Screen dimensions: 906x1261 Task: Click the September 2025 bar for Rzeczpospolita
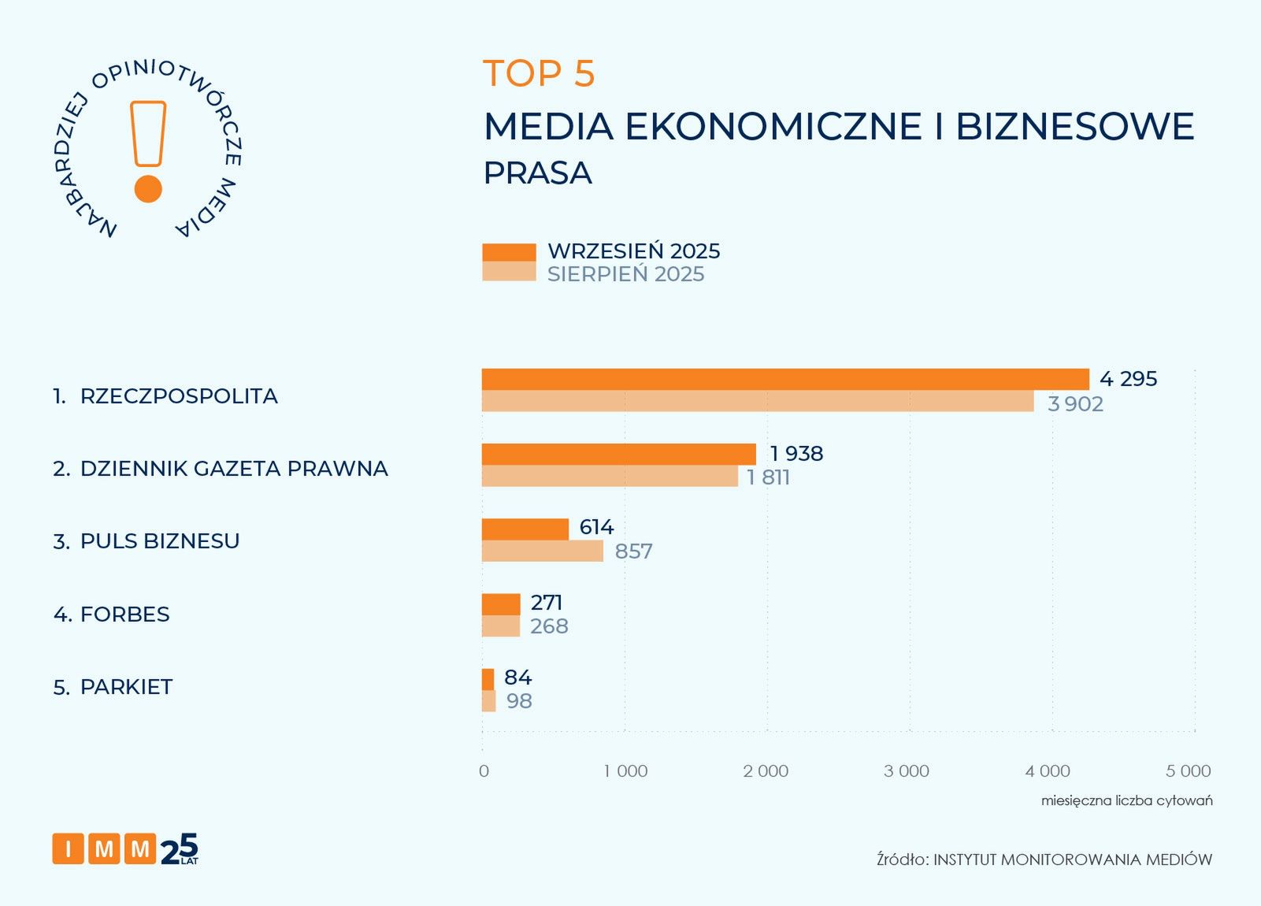point(784,379)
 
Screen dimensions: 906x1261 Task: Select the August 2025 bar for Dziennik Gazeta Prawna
point(610,477)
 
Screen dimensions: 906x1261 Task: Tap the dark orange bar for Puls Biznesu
point(525,529)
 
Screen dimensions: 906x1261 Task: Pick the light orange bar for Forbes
point(501,626)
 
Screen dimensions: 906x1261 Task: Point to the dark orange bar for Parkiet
point(488,679)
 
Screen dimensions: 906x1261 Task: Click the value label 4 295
point(1128,379)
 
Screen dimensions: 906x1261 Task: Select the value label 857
point(633,551)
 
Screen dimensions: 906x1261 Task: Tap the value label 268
point(549,626)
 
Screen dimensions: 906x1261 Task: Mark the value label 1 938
point(796,454)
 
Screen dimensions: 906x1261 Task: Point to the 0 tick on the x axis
point(484,771)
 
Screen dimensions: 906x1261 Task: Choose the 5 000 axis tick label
point(1188,771)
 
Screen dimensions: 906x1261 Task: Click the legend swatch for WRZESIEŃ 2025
point(509,252)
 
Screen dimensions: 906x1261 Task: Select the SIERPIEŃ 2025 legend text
point(625,274)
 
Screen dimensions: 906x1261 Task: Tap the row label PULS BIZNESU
point(160,541)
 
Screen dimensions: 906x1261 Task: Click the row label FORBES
point(124,615)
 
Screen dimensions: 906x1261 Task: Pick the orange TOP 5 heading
point(539,74)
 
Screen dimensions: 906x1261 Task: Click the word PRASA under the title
point(537,173)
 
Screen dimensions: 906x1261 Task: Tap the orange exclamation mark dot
point(148,189)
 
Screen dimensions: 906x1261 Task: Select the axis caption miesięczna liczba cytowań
point(1126,800)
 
